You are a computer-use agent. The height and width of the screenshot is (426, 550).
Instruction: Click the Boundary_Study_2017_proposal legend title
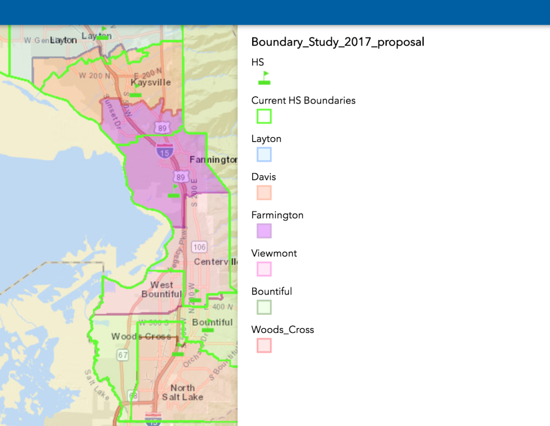pyautogui.click(x=338, y=42)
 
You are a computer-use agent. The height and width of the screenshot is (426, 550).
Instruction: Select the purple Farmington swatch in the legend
pyautogui.click(x=264, y=231)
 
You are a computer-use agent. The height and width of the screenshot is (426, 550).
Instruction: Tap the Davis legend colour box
pyautogui.click(x=264, y=192)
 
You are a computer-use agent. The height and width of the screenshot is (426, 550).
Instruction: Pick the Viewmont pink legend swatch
pyautogui.click(x=264, y=269)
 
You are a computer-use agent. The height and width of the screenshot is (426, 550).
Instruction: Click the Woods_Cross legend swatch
pyautogui.click(x=264, y=345)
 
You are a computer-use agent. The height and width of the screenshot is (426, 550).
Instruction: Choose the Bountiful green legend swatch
pyautogui.click(x=264, y=307)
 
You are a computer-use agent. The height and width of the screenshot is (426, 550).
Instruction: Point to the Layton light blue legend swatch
pyautogui.click(x=264, y=154)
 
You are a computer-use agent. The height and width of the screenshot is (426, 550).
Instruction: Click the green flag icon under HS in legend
pyautogui.click(x=264, y=78)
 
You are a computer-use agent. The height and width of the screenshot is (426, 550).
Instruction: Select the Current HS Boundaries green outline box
pyautogui.click(x=264, y=116)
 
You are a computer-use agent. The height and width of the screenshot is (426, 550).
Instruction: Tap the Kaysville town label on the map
pyautogui.click(x=151, y=82)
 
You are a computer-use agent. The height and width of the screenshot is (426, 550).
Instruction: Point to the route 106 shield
pyautogui.click(x=199, y=248)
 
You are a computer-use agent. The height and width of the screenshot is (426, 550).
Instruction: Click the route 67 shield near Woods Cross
pyautogui.click(x=122, y=354)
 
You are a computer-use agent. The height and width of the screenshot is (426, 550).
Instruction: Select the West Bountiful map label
pyautogui.click(x=161, y=289)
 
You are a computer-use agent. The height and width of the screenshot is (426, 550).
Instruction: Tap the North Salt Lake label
pyautogui.click(x=182, y=393)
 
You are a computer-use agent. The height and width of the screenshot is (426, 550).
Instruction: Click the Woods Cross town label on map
pyautogui.click(x=141, y=337)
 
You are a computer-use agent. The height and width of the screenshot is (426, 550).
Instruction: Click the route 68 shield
pyautogui.click(x=133, y=395)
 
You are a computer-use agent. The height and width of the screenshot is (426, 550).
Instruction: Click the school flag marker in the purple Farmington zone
pyautogui.click(x=174, y=191)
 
